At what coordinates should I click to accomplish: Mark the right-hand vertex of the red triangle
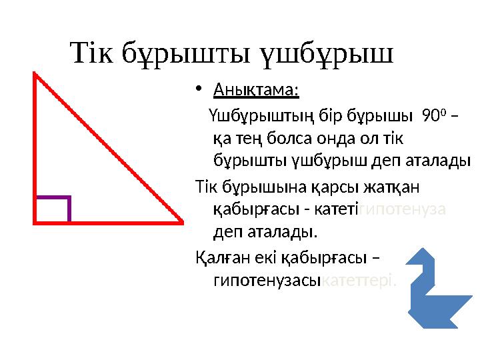coord(181,220)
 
